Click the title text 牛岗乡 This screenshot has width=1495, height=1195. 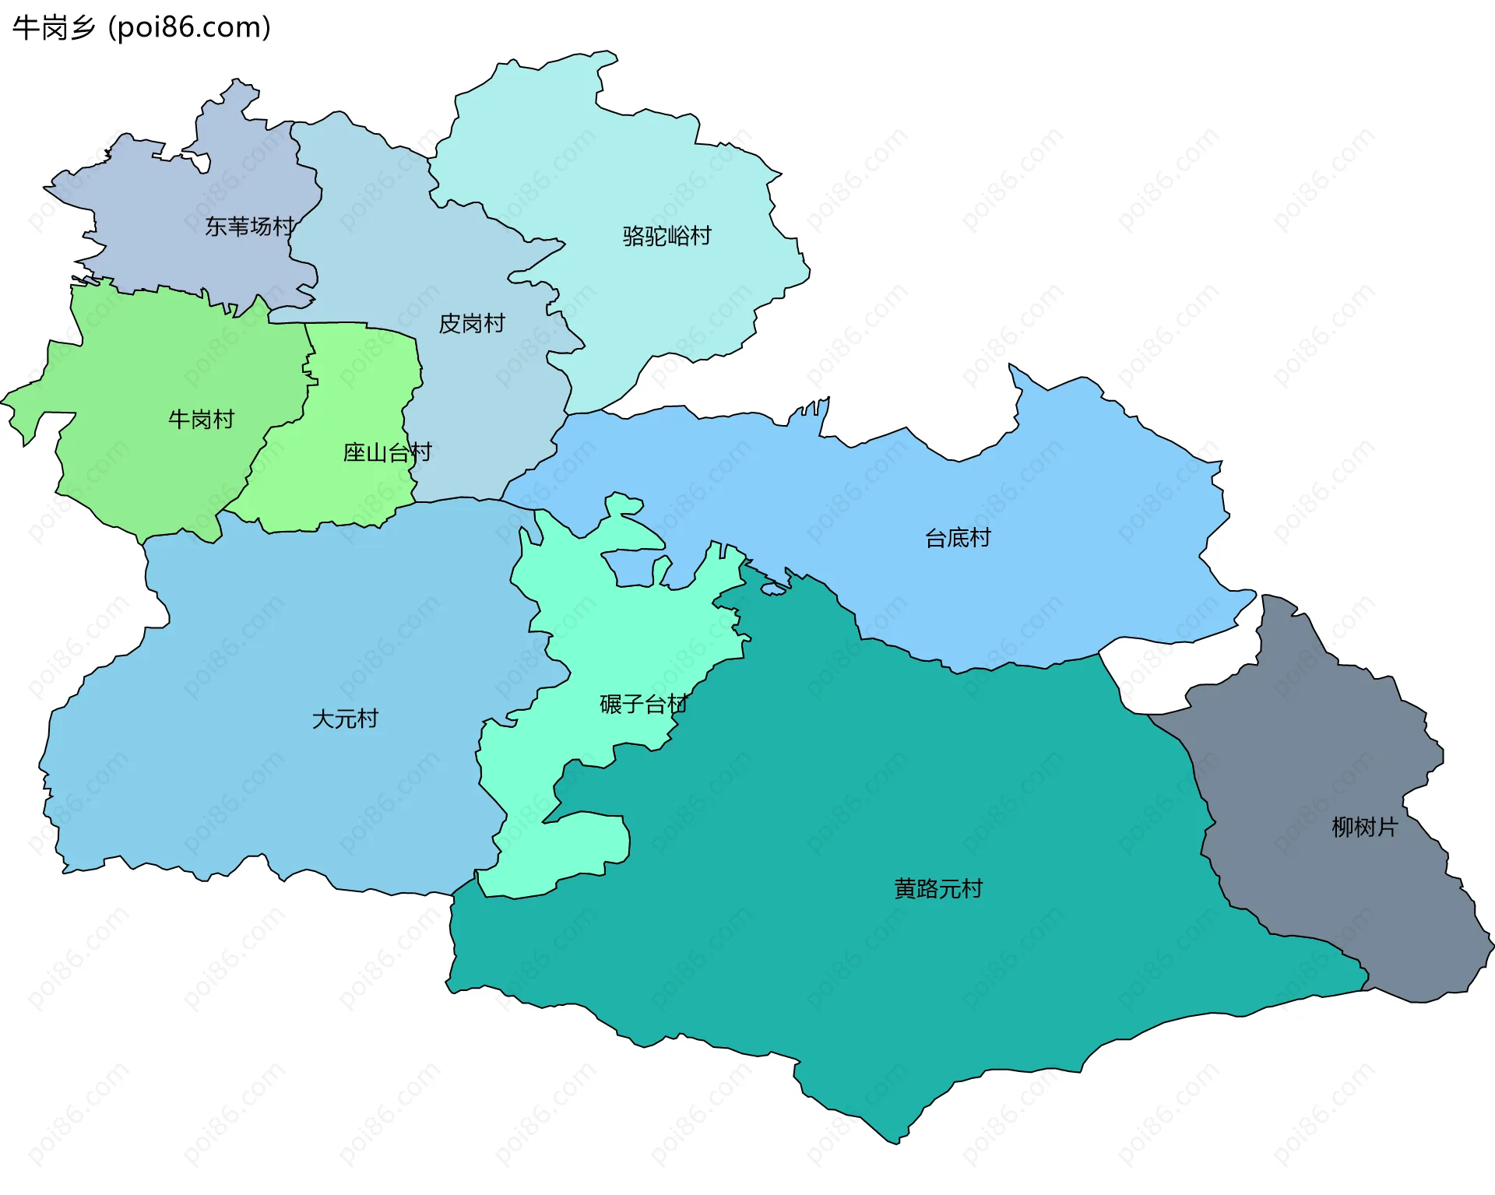[x=53, y=28]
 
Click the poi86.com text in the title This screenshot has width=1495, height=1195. [x=189, y=28]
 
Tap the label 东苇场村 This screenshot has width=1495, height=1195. [x=249, y=227]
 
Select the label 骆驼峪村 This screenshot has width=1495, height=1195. [x=667, y=236]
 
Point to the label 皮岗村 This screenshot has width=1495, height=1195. [x=472, y=323]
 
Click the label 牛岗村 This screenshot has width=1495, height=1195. [x=201, y=420]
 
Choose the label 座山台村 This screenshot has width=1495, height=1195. [x=387, y=452]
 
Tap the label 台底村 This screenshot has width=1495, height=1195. [x=957, y=538]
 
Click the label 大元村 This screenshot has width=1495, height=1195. [x=344, y=719]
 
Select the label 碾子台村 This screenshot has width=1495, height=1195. [x=643, y=705]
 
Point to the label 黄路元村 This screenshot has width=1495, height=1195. [x=938, y=889]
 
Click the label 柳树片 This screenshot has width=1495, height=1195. [x=1364, y=827]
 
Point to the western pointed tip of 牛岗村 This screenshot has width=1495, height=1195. [x=4, y=402]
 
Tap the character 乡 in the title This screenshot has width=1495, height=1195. [x=82, y=28]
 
